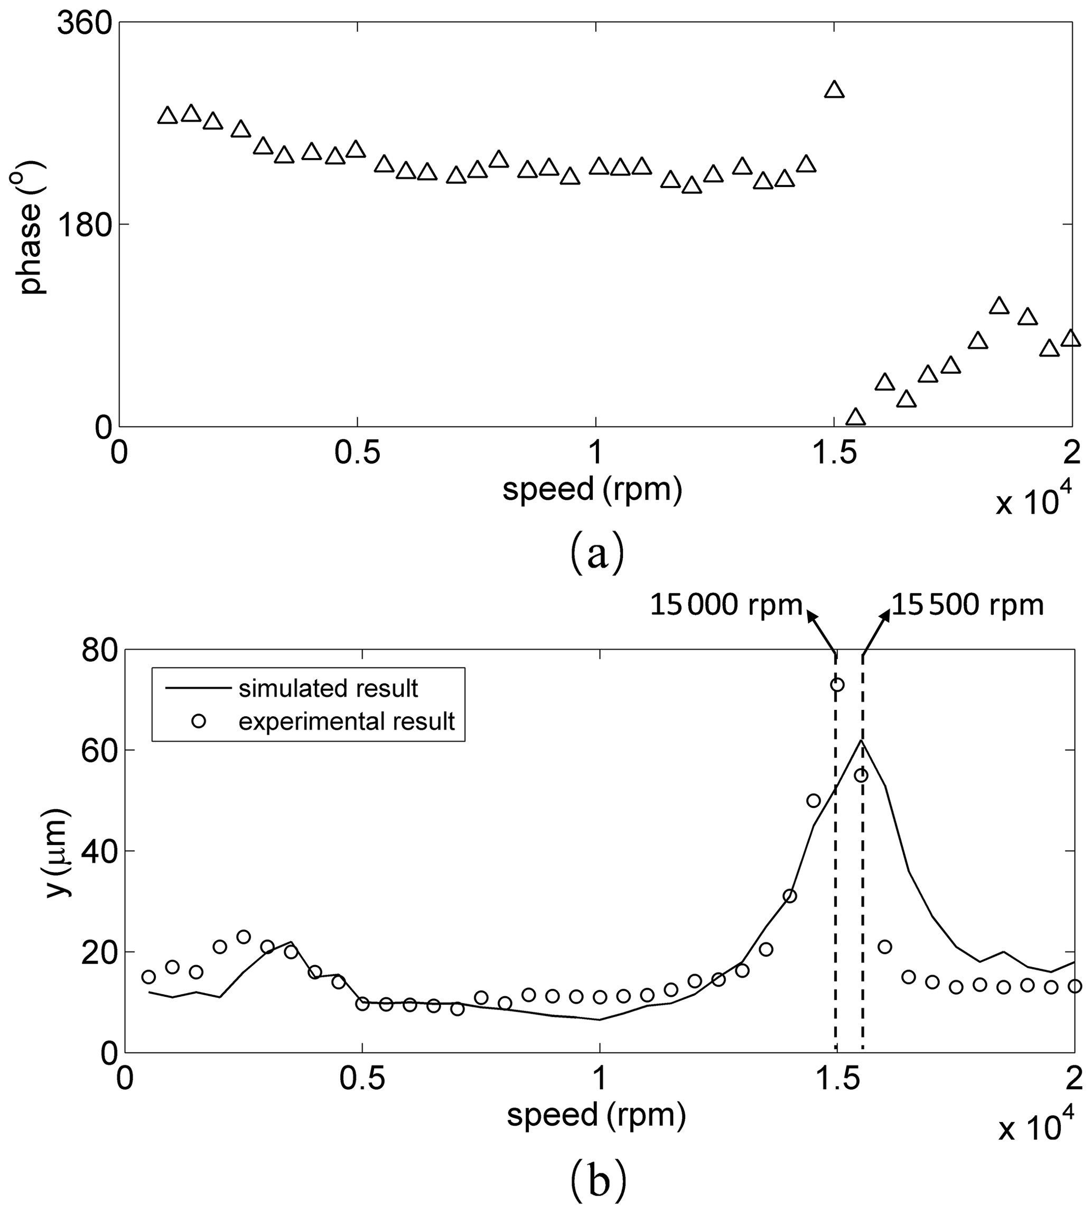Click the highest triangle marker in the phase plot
tap(834, 90)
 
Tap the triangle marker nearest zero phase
tap(856, 417)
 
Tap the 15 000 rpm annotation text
tap(726, 606)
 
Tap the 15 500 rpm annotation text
tap(967, 606)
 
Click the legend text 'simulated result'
tap(328, 689)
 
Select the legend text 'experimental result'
tap(346, 721)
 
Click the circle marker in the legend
tap(199, 721)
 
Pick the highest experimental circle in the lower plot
tap(837, 685)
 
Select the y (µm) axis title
tap(58, 853)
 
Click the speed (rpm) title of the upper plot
tap(592, 489)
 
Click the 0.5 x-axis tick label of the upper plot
tap(358, 453)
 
